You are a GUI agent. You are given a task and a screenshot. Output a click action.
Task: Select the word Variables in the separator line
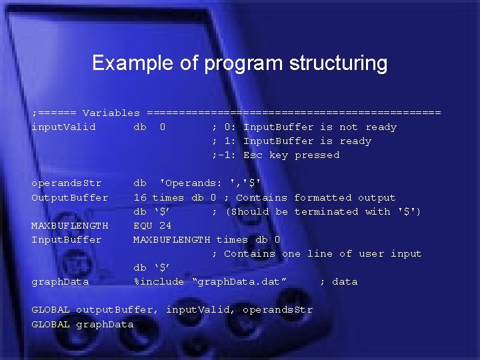pos(111,113)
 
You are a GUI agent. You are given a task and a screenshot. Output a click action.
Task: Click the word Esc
pos(253,155)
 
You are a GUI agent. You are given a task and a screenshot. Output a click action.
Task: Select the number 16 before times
pos(140,197)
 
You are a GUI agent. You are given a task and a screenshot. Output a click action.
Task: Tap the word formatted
pos(323,197)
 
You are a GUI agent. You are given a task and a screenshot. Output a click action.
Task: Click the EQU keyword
pos(143,225)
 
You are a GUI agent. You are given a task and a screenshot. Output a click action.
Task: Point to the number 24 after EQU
pos(165,225)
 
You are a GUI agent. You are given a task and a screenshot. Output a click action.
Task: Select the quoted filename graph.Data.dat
pos(239,281)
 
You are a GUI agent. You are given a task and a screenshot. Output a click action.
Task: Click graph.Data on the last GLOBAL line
pos(105,324)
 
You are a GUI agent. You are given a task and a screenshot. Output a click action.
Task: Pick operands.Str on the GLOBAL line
pos(277,310)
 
